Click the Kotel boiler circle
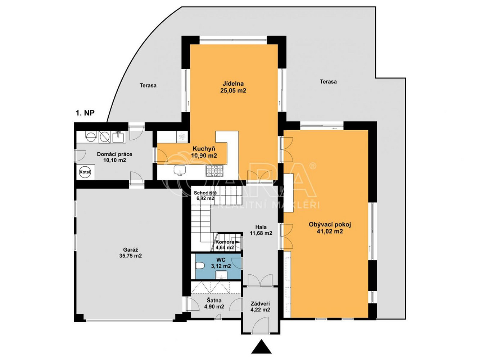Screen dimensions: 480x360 coord(85,172)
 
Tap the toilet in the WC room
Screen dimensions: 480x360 coord(200,266)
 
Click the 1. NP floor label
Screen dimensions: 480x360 coord(85,113)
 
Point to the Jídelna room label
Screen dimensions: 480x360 coord(233,84)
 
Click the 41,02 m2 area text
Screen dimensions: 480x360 coord(330,231)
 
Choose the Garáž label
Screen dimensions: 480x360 coord(131,249)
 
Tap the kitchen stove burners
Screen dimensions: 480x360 coord(214,171)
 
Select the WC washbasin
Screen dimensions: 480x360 coord(221,275)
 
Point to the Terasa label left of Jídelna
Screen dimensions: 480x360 coord(148,85)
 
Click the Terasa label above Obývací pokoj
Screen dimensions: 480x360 coord(328,82)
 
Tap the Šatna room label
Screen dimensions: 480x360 coord(214,300)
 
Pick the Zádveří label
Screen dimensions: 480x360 coord(260,303)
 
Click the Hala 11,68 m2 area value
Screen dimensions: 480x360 coord(261,233)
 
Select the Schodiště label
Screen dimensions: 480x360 coord(205,193)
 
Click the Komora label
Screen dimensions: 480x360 coord(225,242)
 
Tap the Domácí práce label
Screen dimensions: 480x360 coord(114,154)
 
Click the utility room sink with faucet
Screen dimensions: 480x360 coord(118,137)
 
